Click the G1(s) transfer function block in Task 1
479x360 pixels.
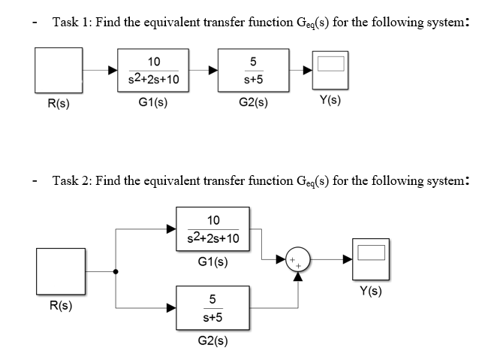(153, 70)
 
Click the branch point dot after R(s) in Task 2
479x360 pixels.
(115, 271)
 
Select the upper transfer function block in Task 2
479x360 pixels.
(212, 230)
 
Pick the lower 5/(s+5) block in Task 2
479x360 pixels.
(212, 307)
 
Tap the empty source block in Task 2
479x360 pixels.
(63, 271)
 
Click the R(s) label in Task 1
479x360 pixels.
(58, 104)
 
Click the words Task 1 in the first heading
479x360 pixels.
(71, 21)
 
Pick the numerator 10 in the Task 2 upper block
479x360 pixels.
(212, 220)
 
